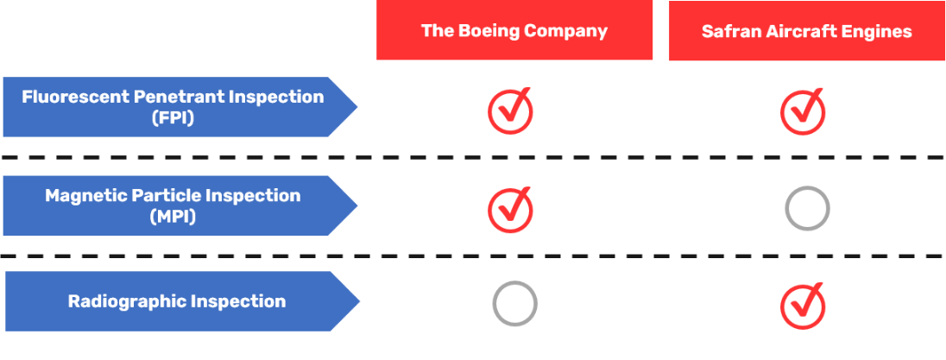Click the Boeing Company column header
click(x=514, y=31)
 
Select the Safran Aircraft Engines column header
click(x=806, y=31)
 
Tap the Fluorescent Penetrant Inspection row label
click(x=173, y=107)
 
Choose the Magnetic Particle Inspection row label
click(x=173, y=205)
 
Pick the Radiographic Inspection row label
click(x=177, y=301)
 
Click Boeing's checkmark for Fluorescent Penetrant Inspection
click(x=510, y=111)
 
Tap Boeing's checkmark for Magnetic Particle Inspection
click(x=510, y=209)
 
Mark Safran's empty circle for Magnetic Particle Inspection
click(x=807, y=209)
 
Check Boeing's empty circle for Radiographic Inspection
click(x=514, y=303)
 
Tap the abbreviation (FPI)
click(x=173, y=118)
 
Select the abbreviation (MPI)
click(x=173, y=217)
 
